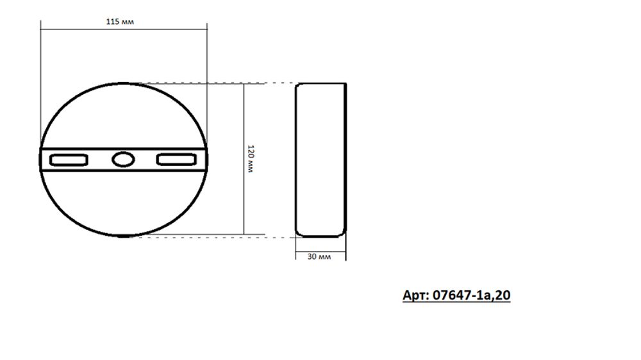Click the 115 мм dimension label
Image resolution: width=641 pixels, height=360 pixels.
[x=120, y=21]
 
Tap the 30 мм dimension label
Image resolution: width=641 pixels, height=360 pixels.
[x=319, y=256]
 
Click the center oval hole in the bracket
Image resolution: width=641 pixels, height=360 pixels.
[x=122, y=160]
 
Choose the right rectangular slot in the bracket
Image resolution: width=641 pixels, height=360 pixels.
[x=176, y=160]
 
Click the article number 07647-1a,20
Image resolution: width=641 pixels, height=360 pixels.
[x=471, y=295]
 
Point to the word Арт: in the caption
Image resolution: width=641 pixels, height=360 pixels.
[x=416, y=295]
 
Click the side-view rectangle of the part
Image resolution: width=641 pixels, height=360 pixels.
[x=320, y=160]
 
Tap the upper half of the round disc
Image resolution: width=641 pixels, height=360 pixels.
[x=122, y=115]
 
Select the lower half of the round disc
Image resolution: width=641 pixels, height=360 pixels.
[x=122, y=205]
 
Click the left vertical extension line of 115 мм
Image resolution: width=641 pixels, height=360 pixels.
[x=40, y=77]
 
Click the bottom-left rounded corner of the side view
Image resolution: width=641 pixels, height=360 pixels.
[x=298, y=233]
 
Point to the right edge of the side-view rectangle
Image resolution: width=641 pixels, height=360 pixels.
[x=345, y=160]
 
